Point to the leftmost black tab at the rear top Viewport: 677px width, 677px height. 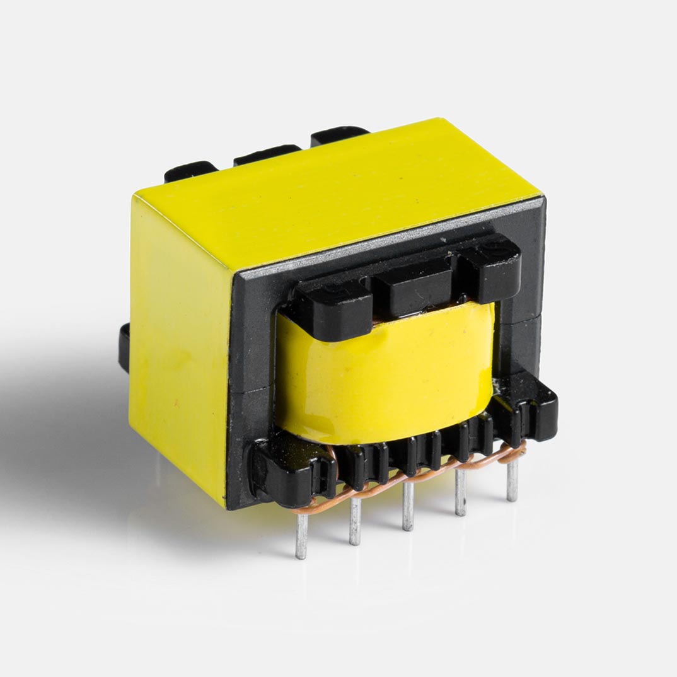(189, 171)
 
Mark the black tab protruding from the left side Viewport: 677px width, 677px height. (124, 347)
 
